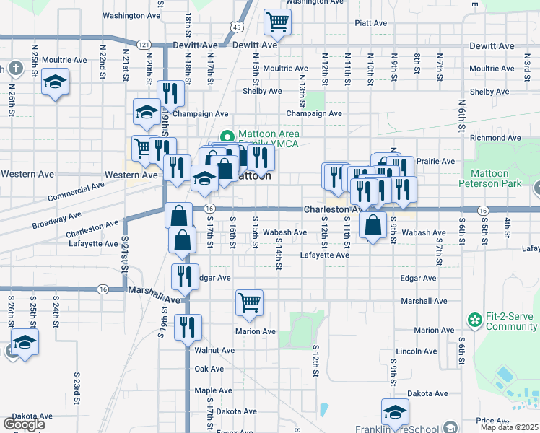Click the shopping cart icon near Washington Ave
(x=276, y=22)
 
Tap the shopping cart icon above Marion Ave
(x=249, y=303)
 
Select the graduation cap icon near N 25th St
(x=55, y=82)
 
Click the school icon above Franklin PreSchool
(x=395, y=412)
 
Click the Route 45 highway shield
(x=235, y=27)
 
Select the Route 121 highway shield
(x=144, y=45)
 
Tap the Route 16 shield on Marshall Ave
(x=103, y=289)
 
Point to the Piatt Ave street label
(x=371, y=23)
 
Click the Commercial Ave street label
(x=76, y=192)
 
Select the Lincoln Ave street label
(x=417, y=351)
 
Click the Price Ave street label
(x=493, y=420)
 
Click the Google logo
(x=24, y=424)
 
